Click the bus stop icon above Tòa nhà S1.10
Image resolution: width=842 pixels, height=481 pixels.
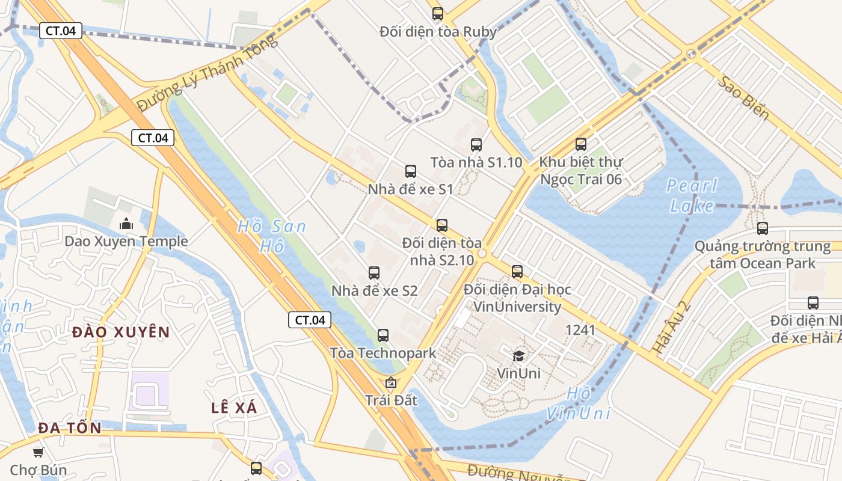tap(476, 144)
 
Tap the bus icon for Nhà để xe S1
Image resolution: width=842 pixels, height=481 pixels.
tap(411, 171)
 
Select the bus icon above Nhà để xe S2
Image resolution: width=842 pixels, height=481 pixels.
tap(374, 273)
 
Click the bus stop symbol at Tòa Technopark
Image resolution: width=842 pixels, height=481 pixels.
tap(383, 335)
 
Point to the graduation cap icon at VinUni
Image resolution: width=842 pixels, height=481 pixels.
tap(518, 357)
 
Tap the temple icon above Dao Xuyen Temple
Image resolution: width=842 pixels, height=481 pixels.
tap(126, 224)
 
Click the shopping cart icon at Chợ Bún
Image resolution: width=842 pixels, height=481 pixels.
tap(38, 452)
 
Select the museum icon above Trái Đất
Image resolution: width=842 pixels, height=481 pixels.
tap(391, 382)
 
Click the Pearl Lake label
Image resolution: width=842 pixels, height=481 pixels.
tap(692, 195)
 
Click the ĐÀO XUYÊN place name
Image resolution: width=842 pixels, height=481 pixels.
tap(121, 332)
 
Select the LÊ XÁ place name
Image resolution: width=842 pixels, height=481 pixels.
tap(234, 408)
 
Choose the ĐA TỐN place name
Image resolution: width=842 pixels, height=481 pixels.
tap(70, 428)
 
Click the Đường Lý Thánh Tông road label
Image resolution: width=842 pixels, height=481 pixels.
tap(207, 73)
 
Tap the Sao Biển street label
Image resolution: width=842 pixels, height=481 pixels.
tap(744, 98)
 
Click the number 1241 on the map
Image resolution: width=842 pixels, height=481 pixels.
tap(580, 329)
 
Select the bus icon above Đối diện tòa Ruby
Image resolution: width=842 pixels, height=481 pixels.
tap(438, 13)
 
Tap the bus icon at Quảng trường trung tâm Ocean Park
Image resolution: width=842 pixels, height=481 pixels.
tap(763, 228)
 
